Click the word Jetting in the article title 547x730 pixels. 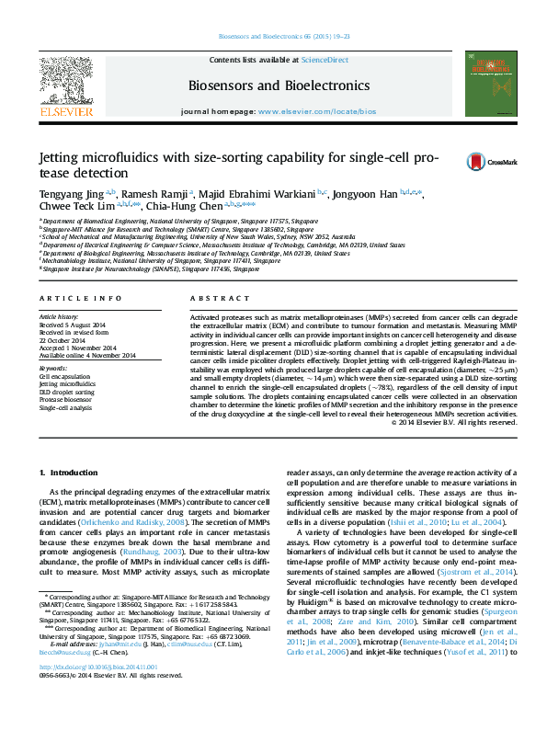point(60,157)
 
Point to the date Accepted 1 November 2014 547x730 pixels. point(77,348)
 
